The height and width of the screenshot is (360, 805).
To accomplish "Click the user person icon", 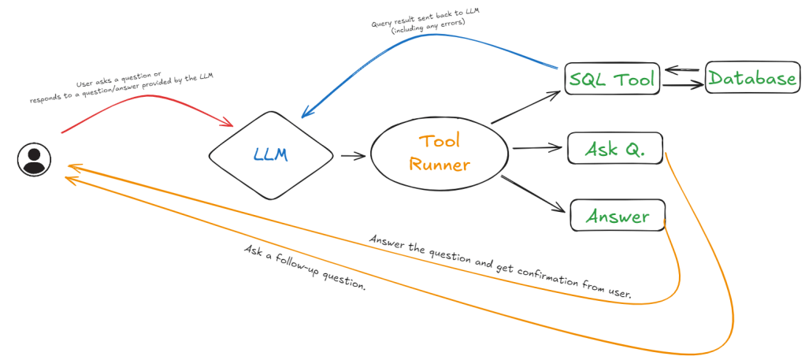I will click(x=34, y=160).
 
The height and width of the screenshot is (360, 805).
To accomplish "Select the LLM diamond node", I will click(x=270, y=155).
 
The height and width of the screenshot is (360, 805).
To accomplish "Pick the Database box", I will click(x=751, y=78).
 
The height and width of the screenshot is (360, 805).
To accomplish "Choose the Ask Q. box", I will click(x=614, y=149).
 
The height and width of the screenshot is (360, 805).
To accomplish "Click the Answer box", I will click(x=618, y=216).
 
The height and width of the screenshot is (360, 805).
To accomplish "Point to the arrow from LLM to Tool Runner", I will click(x=353, y=156).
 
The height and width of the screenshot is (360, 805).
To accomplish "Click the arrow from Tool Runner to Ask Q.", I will click(x=536, y=148).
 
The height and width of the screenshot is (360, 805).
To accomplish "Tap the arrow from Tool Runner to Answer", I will click(x=532, y=192).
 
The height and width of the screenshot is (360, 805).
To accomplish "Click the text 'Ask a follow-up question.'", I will click(x=306, y=268).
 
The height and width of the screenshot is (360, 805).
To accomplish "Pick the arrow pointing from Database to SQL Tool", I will click(x=682, y=69).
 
